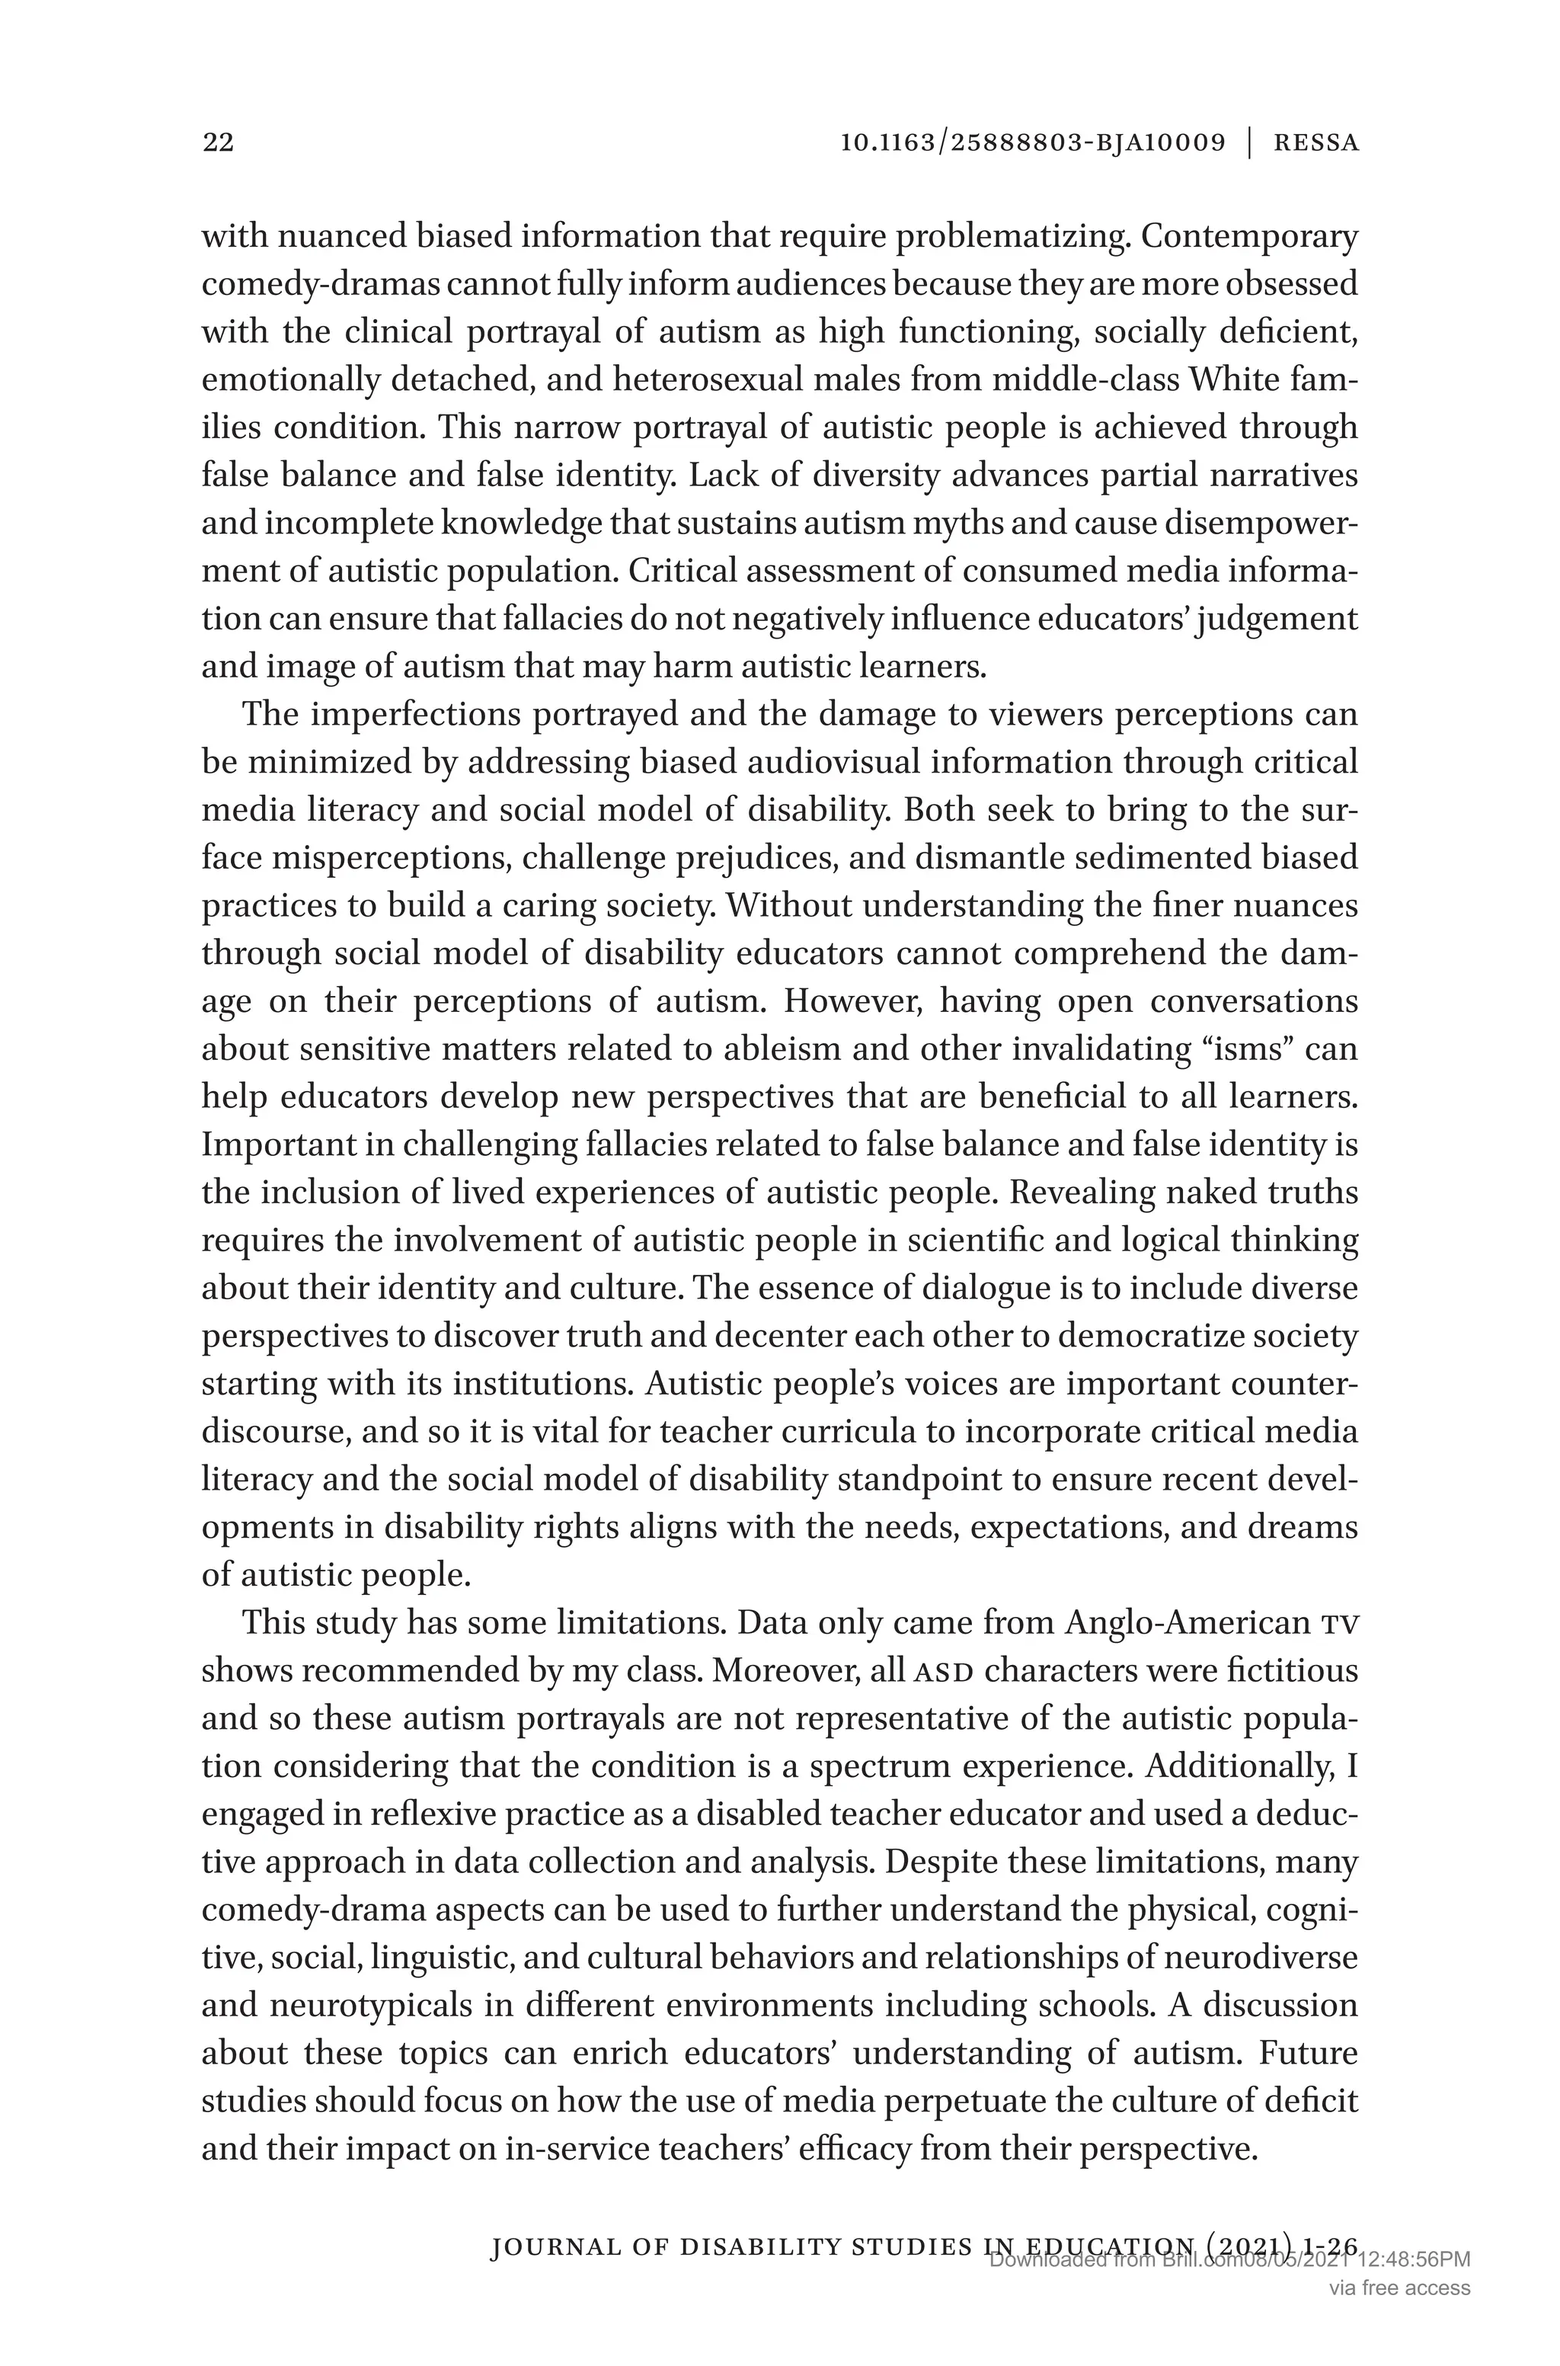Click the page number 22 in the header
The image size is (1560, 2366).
(x=218, y=142)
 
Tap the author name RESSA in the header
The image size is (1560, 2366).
(x=1315, y=142)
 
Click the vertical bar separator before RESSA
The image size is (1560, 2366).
(x=1249, y=142)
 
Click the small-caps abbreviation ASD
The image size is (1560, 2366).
(x=942, y=1670)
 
